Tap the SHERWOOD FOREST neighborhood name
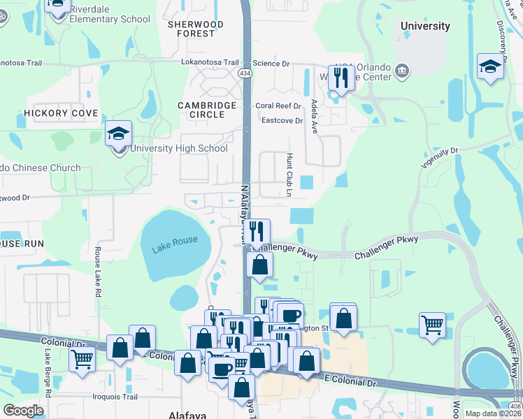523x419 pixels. tap(196, 29)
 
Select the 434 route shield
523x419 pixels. tap(245, 73)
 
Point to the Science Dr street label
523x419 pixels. tap(271, 64)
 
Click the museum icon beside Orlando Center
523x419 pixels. tap(402, 70)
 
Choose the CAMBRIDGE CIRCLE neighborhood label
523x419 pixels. tap(206, 110)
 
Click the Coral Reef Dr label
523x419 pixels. tap(278, 106)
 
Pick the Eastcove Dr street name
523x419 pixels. tap(282, 121)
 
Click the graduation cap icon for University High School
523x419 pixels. tap(119, 133)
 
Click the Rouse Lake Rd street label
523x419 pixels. tap(98, 273)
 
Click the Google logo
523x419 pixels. tap(23, 411)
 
